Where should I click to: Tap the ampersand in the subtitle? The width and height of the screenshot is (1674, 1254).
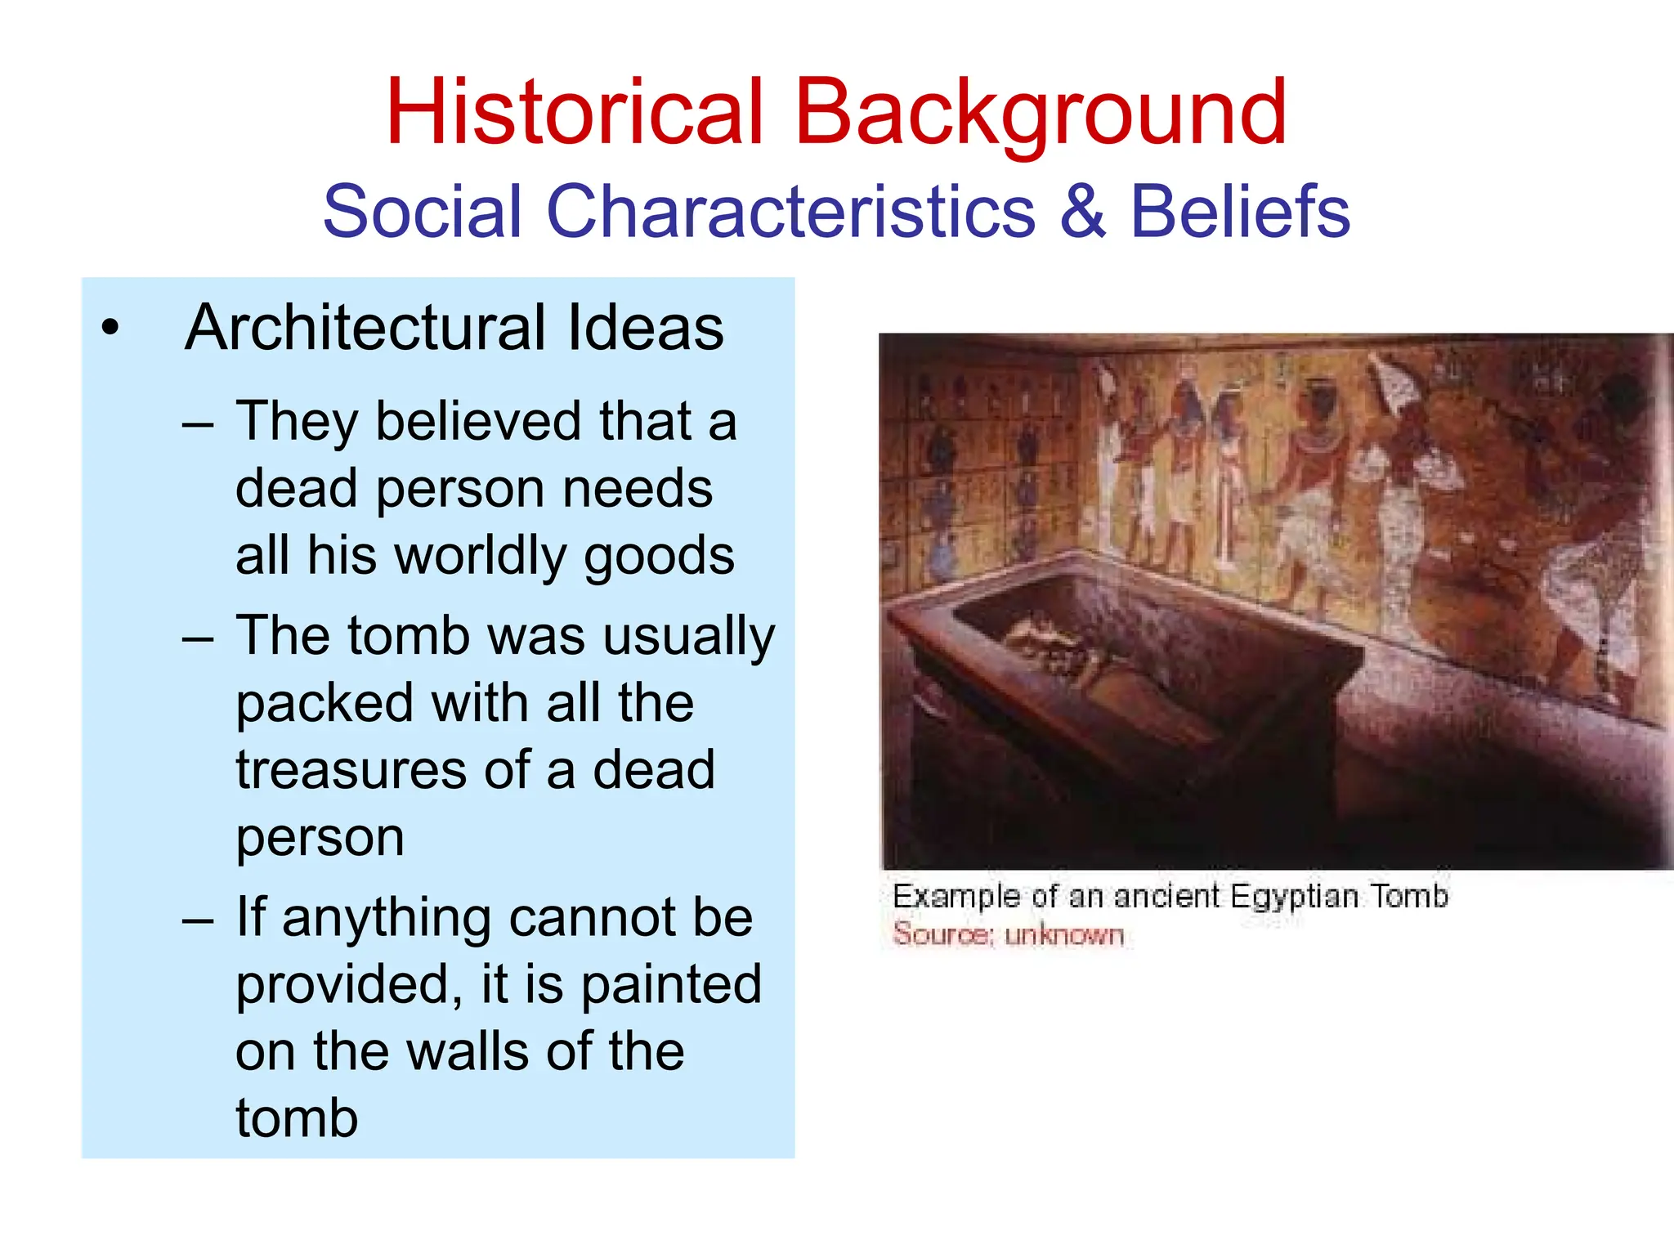pyautogui.click(x=1083, y=212)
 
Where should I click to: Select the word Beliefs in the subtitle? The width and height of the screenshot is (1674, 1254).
pyautogui.click(x=1239, y=212)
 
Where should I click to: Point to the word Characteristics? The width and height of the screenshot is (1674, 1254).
pyautogui.click(x=790, y=212)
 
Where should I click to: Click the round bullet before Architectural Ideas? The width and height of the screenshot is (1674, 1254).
pyautogui.click(x=110, y=329)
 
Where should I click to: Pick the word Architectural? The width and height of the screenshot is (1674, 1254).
pyautogui.click(x=365, y=328)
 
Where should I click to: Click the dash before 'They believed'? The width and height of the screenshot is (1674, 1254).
pyautogui.click(x=198, y=424)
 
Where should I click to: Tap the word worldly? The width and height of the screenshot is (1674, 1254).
pyautogui.click(x=484, y=557)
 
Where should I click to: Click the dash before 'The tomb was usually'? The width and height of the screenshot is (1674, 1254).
pyautogui.click(x=198, y=638)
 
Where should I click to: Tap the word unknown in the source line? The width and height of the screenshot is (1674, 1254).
pyautogui.click(x=1064, y=934)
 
